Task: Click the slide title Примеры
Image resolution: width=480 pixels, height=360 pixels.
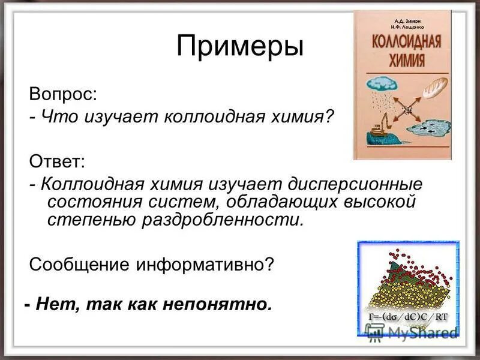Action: pos(240,47)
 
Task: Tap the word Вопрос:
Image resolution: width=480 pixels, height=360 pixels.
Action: pos(62,94)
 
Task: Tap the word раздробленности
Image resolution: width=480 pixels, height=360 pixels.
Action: pos(222,220)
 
